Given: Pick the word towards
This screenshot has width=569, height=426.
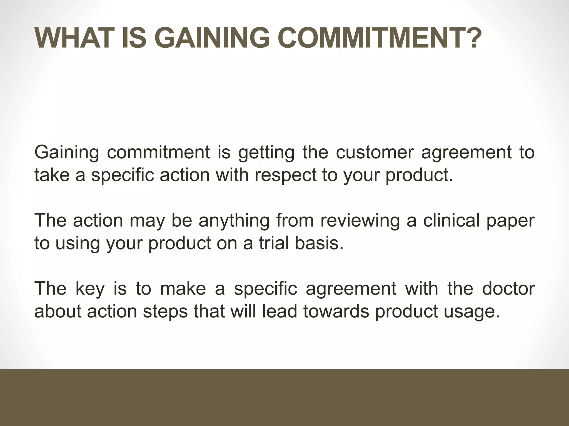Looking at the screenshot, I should coord(336,311).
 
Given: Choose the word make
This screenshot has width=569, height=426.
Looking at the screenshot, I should coord(183,288).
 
